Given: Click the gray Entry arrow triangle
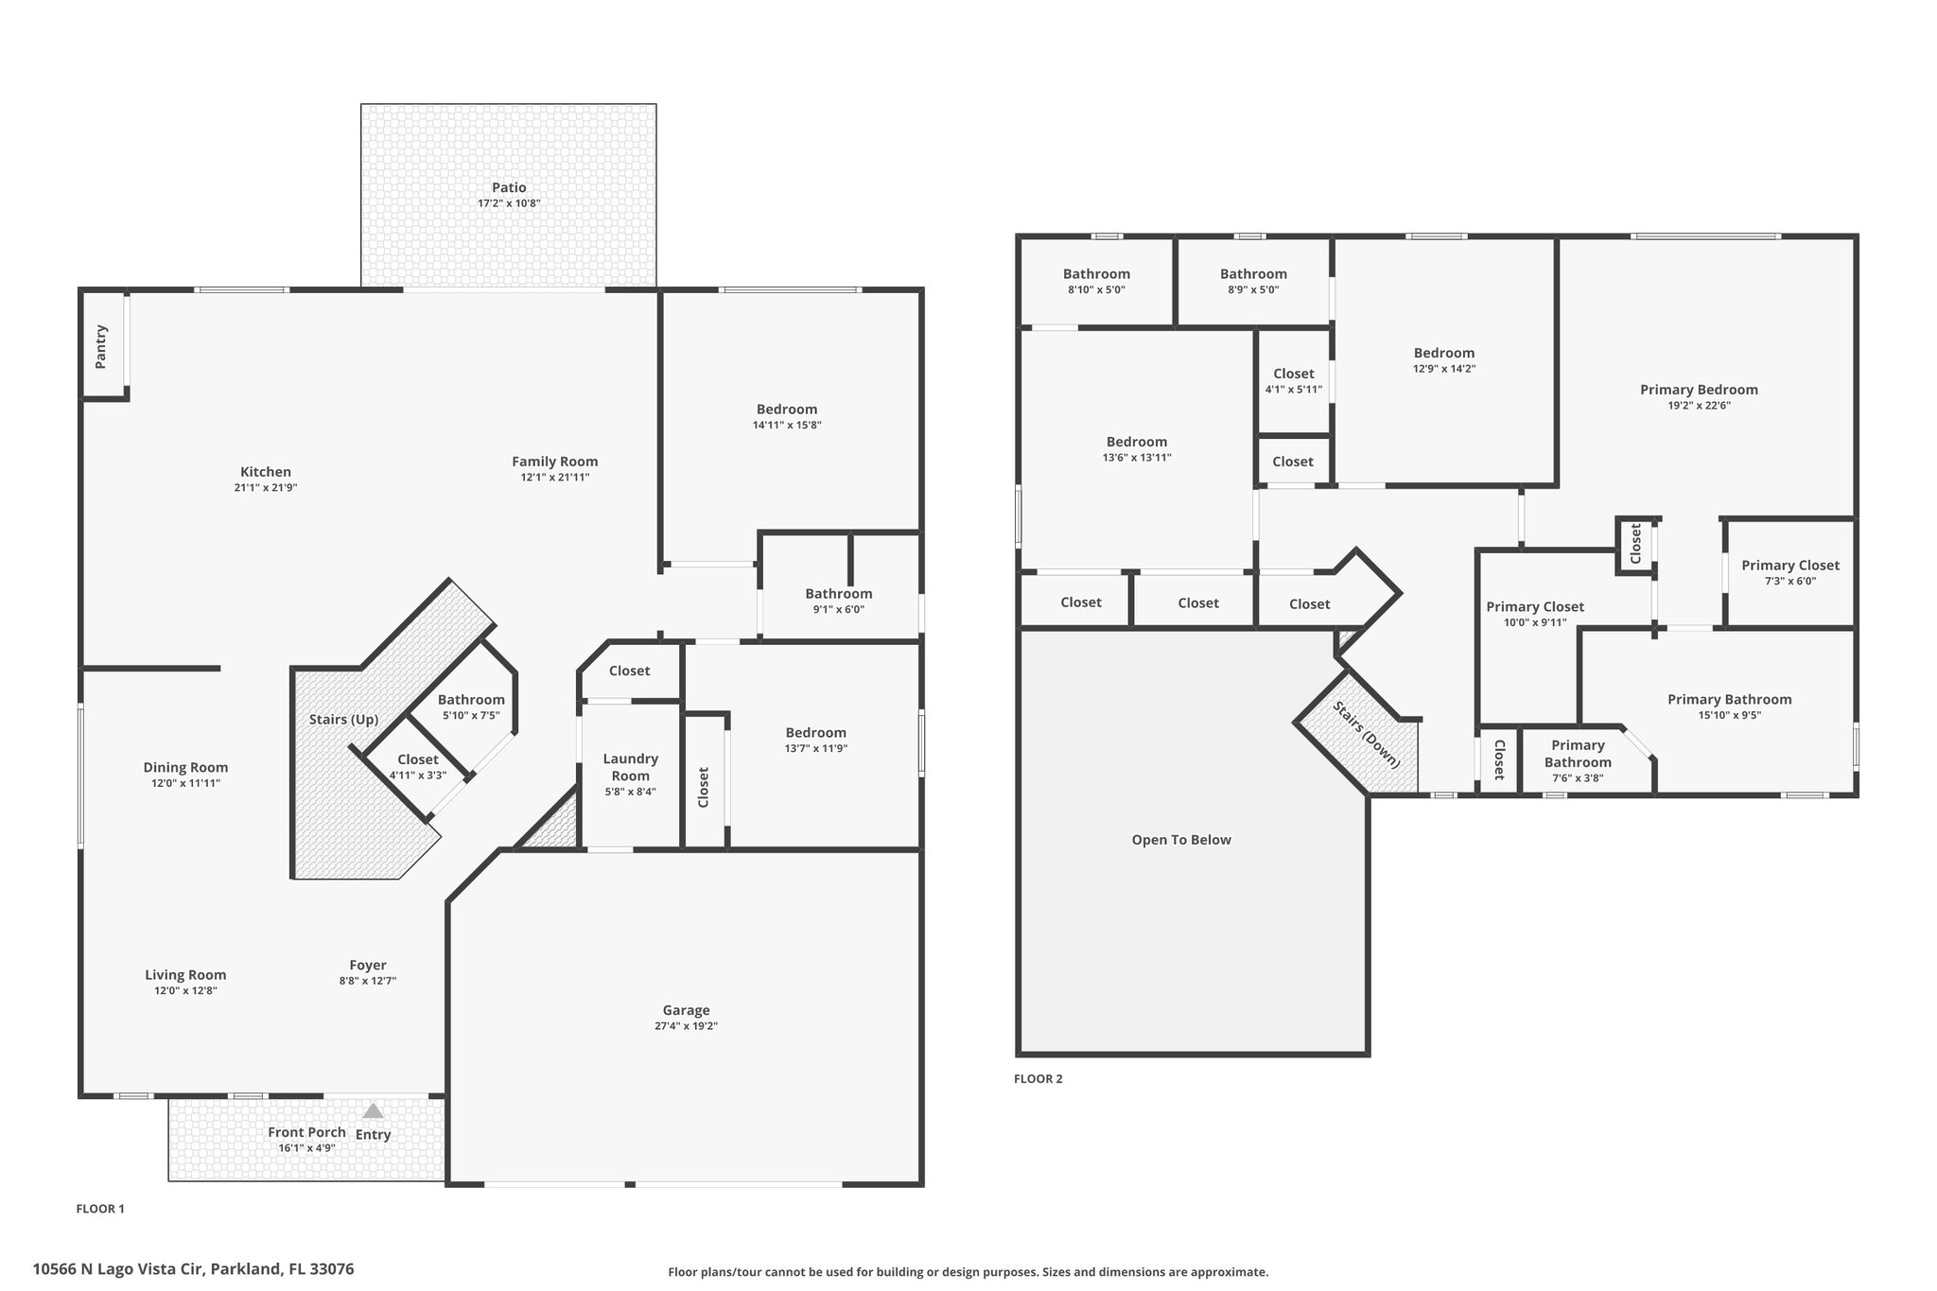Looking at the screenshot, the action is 374,1110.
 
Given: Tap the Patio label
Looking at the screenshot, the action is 509,187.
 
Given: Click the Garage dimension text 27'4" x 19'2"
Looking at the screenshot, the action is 686,1026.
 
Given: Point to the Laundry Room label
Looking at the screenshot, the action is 630,767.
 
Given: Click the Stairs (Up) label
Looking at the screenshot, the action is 344,720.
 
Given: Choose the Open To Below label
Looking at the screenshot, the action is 1181,840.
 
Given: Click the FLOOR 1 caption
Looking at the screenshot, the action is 100,1209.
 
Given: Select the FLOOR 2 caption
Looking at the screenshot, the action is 1038,1079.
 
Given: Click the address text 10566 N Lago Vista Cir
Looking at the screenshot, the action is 119,1269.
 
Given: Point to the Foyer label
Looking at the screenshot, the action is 368,965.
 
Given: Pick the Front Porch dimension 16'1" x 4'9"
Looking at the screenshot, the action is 307,1148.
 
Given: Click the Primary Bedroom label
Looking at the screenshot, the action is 1699,390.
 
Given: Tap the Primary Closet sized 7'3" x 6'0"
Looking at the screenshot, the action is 1789,572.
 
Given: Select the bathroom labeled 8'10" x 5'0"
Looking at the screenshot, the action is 1096,281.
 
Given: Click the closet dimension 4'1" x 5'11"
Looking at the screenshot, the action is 1294,390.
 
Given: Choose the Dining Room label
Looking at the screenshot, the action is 185,767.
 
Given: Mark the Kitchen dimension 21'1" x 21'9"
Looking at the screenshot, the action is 266,488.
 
